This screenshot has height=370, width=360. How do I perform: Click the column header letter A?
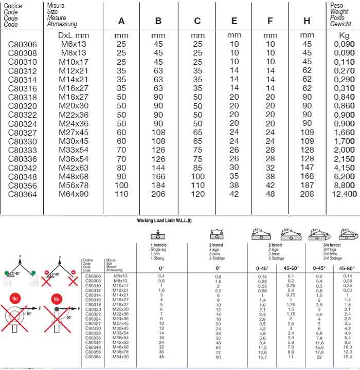121,21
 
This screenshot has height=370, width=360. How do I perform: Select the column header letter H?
307,21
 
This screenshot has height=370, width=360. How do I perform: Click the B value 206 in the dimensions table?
158,194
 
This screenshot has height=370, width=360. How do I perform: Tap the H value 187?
307,185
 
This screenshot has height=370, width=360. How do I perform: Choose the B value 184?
158,185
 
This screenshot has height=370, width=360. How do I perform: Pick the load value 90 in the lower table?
218,358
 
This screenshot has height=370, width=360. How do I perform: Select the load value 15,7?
263,358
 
